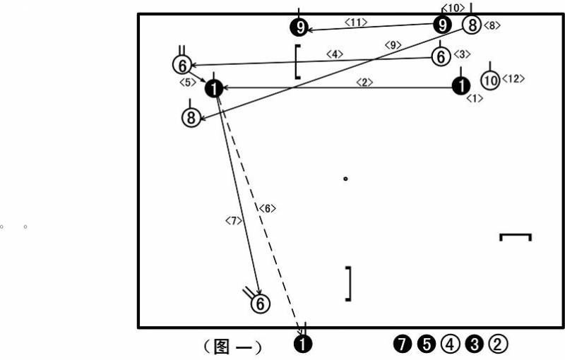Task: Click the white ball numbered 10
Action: click(490, 80)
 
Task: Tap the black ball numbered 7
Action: click(403, 344)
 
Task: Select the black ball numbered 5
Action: click(427, 344)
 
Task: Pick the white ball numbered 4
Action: click(450, 344)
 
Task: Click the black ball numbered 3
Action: click(474, 344)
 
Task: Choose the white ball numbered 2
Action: click(498, 344)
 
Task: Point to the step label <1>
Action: click(475, 98)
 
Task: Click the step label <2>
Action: click(364, 83)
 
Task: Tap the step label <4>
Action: click(335, 54)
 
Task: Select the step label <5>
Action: click(188, 83)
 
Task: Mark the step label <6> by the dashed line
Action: click(268, 208)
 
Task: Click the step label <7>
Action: click(234, 221)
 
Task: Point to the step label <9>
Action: click(393, 45)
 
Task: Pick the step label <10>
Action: click(453, 8)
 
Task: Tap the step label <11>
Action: click(356, 23)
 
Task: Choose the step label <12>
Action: click(513, 78)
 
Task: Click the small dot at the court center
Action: click(345, 179)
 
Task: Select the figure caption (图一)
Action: click(233, 347)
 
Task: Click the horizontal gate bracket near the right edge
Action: click(516, 235)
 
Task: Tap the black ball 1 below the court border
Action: click(303, 344)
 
